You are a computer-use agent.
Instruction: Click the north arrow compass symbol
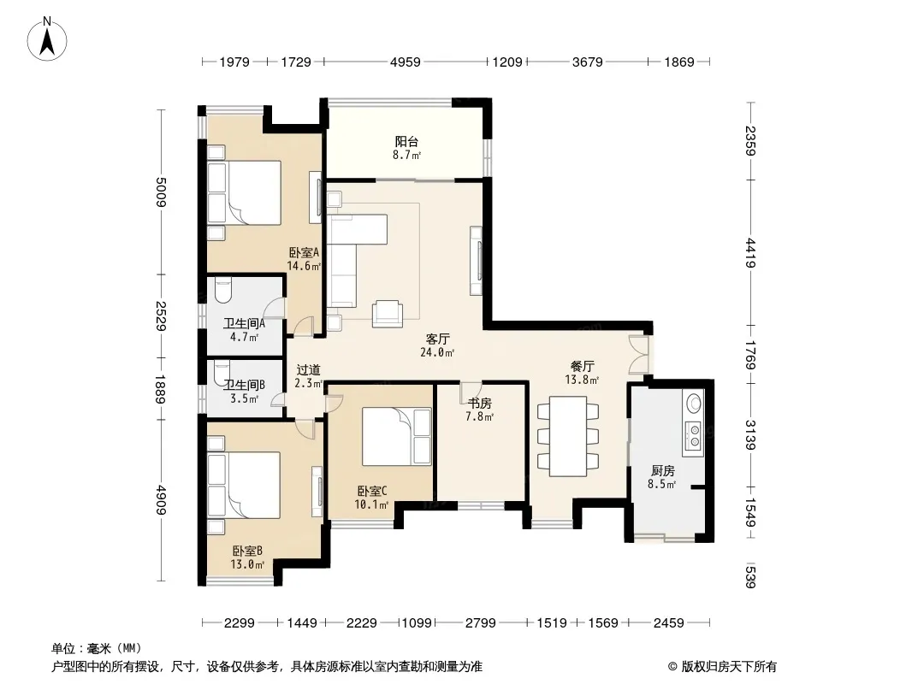point(47,38)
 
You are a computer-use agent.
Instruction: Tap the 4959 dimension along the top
point(405,62)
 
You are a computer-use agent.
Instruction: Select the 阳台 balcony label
point(406,141)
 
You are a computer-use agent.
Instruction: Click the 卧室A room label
point(305,253)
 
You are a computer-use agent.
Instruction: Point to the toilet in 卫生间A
point(222,291)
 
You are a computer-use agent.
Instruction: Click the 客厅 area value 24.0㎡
point(437,352)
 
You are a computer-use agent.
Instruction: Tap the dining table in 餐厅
point(568,436)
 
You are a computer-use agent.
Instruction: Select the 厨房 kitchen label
point(662,471)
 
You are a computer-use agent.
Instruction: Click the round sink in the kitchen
point(694,402)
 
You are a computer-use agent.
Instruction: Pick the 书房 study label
point(480,404)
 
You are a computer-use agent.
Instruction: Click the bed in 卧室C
point(397,436)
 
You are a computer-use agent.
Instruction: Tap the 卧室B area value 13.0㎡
point(247,564)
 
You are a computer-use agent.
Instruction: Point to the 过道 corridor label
point(308,369)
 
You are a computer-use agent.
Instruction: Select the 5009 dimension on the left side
point(161,192)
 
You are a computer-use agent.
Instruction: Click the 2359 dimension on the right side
point(750,141)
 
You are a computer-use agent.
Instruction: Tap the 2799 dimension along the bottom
point(481,623)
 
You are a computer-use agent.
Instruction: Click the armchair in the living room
point(388,314)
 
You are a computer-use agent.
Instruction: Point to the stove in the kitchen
point(693,436)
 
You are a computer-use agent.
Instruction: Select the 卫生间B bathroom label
point(245,385)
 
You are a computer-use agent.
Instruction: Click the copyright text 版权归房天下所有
point(729,667)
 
